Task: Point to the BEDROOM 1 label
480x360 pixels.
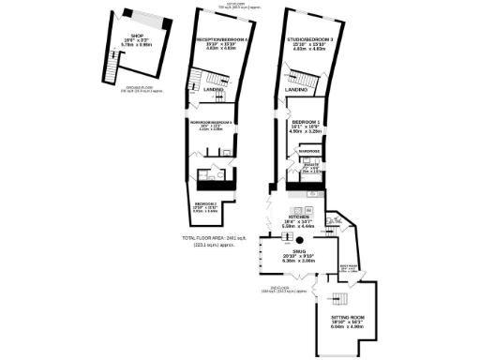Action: (307, 123)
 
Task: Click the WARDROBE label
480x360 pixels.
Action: (309, 151)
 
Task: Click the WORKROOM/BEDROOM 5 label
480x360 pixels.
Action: (212, 123)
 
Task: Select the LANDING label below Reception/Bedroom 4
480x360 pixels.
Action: (226, 90)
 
